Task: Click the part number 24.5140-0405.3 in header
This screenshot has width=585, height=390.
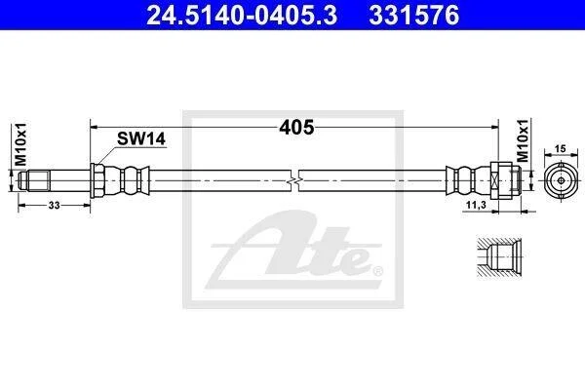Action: [242, 16]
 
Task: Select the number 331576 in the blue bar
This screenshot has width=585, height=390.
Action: [414, 16]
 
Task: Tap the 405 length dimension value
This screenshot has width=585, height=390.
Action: [296, 128]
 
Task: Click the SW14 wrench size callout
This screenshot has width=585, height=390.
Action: [141, 138]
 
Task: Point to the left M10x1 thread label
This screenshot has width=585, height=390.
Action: [20, 144]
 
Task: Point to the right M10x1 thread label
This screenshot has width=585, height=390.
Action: [523, 140]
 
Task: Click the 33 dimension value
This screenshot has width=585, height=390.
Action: [54, 206]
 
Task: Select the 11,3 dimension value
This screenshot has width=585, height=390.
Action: [476, 205]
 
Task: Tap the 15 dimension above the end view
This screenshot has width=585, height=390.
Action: [560, 149]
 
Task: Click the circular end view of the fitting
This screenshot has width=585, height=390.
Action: [561, 181]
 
